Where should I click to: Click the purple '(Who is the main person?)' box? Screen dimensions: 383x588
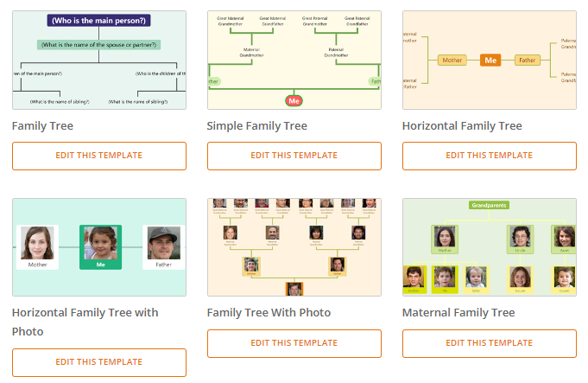pos(99,20)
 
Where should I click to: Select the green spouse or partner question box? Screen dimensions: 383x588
pos(99,44)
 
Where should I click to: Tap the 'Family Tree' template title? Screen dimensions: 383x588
pos(42,126)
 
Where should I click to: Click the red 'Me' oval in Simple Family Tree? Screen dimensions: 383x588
pos(294,101)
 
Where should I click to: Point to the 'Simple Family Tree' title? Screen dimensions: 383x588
pos(256,126)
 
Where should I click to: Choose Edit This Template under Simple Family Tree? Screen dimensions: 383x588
pos(294,156)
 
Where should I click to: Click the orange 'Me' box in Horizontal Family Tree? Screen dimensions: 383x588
pos(490,61)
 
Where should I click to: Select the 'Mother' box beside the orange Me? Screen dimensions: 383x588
pos(452,61)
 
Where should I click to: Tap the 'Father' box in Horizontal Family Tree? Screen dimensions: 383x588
pos(528,61)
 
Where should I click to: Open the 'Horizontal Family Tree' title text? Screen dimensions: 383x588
pos(462,126)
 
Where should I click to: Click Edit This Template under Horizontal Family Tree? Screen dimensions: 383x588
pos(490,156)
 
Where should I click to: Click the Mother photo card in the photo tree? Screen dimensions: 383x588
pos(38,247)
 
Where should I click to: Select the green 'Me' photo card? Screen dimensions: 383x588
pos(100,247)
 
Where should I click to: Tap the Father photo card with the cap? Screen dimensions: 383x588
pos(163,247)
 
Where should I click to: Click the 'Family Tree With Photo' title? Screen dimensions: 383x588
pos(269,313)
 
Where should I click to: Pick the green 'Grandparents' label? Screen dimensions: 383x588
pos(489,206)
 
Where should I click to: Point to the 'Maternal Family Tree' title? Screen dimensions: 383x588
pos(458,313)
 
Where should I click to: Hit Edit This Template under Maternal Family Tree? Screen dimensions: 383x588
pos(490,343)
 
